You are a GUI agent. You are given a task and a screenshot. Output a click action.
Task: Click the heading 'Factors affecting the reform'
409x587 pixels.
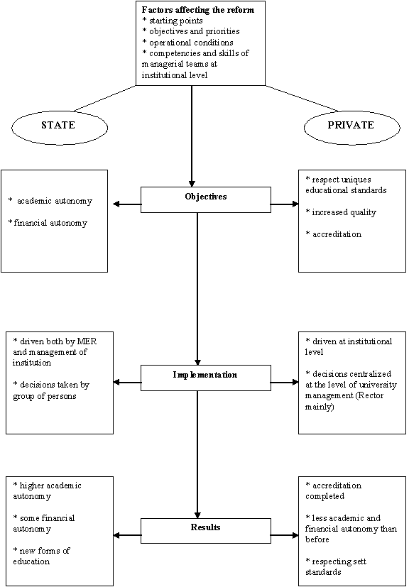pos(198,10)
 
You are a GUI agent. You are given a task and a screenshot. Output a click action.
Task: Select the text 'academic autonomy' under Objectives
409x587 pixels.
pos(50,202)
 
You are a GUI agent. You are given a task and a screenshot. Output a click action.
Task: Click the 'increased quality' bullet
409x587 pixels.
pos(342,213)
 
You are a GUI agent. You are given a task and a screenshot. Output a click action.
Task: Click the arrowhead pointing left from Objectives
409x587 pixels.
pos(116,204)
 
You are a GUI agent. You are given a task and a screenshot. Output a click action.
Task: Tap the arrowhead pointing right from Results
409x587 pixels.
pos(295,535)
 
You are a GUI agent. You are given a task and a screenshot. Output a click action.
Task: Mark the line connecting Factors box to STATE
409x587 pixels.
pos(104,98)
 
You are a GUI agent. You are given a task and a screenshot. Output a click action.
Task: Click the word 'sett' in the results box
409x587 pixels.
pos(359,562)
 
